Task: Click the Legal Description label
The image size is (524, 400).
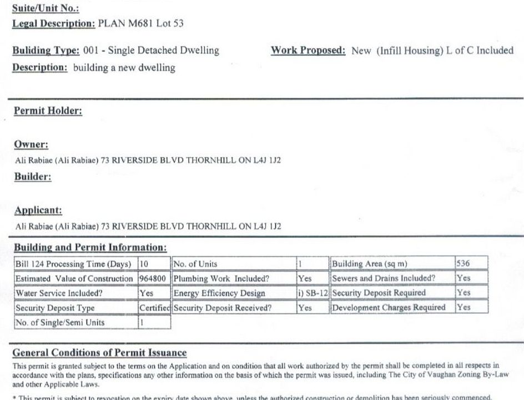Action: click(x=53, y=24)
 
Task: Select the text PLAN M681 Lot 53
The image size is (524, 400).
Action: click(x=140, y=24)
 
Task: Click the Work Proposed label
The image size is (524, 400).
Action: click(x=308, y=51)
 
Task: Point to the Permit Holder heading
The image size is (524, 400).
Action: click(x=48, y=111)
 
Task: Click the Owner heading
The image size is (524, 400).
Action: click(x=31, y=144)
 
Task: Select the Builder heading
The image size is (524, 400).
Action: click(x=32, y=177)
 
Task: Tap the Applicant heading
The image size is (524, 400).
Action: click(x=38, y=211)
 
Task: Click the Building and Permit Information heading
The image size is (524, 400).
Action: click(x=89, y=247)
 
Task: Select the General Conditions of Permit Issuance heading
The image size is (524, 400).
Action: click(x=99, y=353)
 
